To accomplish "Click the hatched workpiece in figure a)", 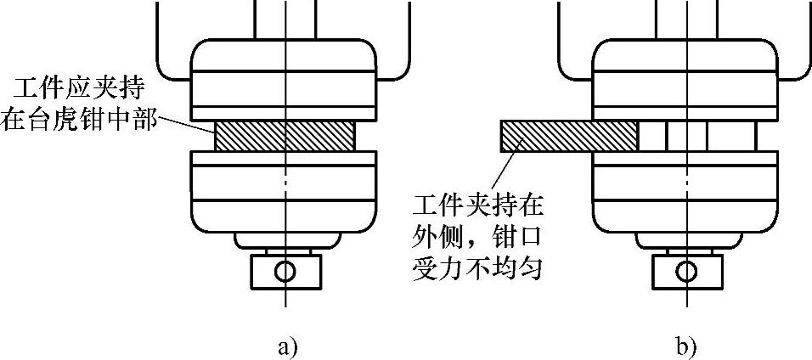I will pos(285,136).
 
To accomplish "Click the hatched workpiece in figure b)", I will pos(568,136).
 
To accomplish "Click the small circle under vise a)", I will pos(285,271).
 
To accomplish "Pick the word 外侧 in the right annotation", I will pos(433,238).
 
